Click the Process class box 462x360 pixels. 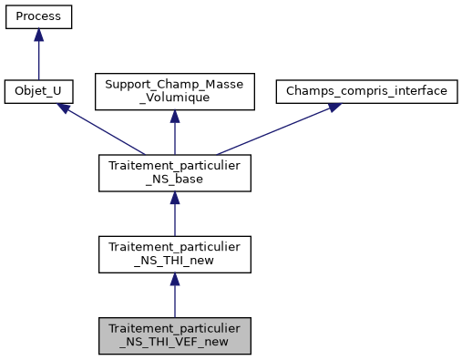tap(38, 18)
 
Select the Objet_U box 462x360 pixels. tap(38, 92)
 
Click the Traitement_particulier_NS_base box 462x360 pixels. tap(174, 173)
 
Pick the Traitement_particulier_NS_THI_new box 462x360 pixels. tap(174, 254)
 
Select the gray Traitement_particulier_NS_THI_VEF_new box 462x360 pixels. tap(174, 335)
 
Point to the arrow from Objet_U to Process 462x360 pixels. tap(38, 59)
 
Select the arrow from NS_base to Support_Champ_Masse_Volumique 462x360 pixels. tap(174, 137)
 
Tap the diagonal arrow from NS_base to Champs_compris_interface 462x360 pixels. tap(273, 130)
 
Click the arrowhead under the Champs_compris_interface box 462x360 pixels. tap(334, 107)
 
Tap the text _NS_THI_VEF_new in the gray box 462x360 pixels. tap(174, 344)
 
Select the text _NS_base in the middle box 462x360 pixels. tap(174, 180)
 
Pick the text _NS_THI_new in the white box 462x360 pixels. tap(174, 262)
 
